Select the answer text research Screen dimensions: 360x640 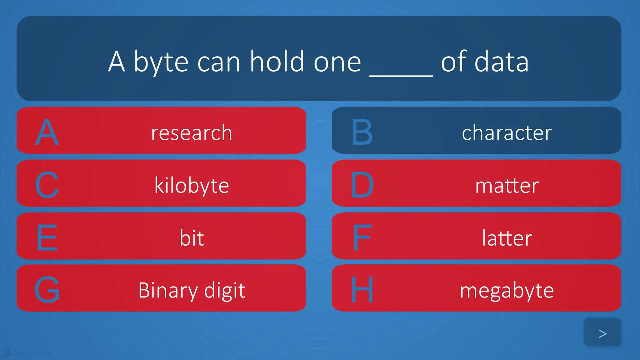tap(192, 132)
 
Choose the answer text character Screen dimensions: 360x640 tap(507, 132)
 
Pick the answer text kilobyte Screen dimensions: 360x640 tap(192, 186)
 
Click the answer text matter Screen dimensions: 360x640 tap(507, 186)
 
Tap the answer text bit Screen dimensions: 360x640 tap(192, 238)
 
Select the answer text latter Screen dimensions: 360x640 tap(507, 238)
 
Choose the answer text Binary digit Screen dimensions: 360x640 tap(192, 291)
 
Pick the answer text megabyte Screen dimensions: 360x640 tap(507, 291)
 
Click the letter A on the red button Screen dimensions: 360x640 tap(47, 132)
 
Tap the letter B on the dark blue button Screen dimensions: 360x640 tap(362, 132)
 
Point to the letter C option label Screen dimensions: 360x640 tap(47, 185)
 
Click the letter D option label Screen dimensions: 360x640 tap(362, 185)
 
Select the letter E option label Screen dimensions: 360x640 tap(47, 238)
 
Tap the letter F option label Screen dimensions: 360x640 tap(362, 238)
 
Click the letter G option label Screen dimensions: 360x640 tap(47, 290)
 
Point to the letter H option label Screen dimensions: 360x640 tap(362, 290)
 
